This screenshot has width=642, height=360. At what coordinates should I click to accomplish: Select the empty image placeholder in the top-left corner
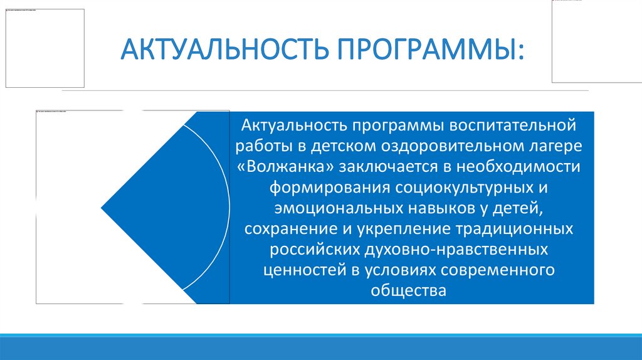point(44,48)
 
